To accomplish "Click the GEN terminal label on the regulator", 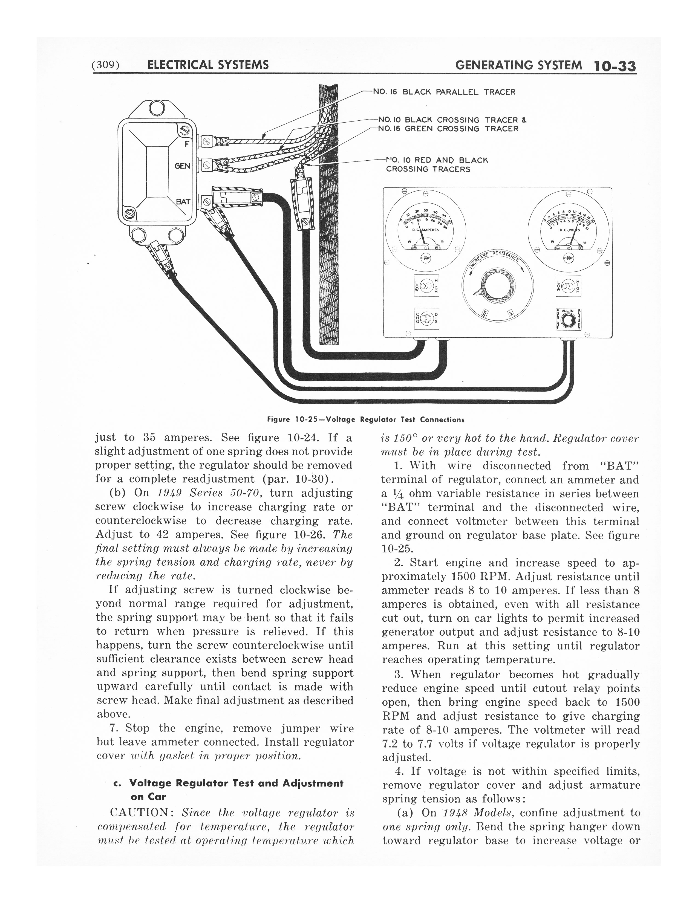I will tap(182, 166).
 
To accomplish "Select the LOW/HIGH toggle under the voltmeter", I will tap(569, 285).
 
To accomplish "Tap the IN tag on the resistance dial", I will tap(511, 313).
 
